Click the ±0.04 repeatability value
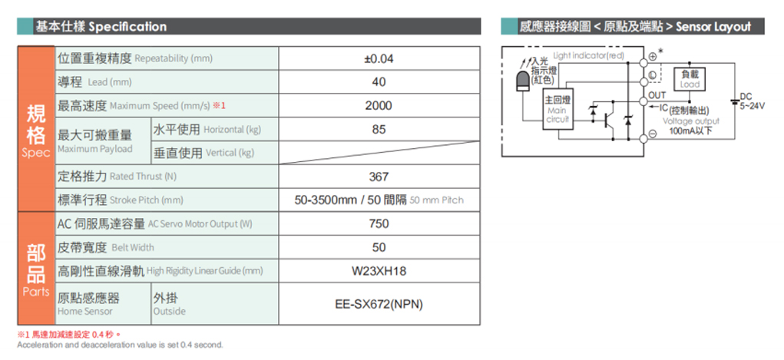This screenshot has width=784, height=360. click(379, 58)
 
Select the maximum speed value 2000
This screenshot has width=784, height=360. click(379, 105)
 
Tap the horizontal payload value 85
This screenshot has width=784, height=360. click(379, 130)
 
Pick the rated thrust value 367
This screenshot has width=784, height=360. click(379, 177)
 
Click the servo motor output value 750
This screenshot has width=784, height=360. click(379, 223)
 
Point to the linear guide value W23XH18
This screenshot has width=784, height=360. click(379, 272)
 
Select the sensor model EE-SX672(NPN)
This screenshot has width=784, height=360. click(379, 304)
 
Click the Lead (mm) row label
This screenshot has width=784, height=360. click(95, 82)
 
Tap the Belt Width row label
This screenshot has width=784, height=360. click(106, 247)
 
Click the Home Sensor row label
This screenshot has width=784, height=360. click(89, 304)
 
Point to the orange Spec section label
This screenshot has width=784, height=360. click(36, 129)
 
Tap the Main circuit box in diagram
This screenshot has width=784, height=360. click(558, 110)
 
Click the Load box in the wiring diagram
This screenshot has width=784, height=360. click(690, 80)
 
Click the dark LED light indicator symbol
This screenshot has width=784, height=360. click(522, 81)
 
